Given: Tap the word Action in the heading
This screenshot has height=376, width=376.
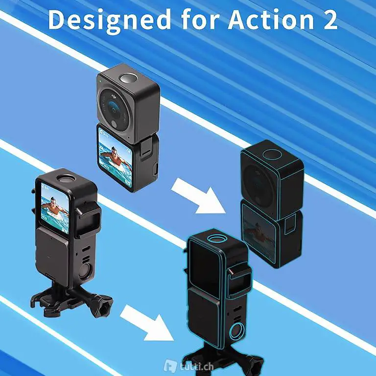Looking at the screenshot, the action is pyautogui.click(x=271, y=20).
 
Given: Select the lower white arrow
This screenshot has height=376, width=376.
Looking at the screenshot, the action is pyautogui.click(x=147, y=323).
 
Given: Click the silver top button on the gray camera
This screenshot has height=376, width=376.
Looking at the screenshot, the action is pyautogui.click(x=128, y=78).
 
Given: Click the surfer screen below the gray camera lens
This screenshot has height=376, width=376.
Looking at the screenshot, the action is pyautogui.click(x=115, y=157).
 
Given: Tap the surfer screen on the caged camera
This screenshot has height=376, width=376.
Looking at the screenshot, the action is pyautogui.click(x=55, y=208).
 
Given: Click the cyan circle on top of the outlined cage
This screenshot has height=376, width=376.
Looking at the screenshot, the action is pyautogui.click(x=217, y=239).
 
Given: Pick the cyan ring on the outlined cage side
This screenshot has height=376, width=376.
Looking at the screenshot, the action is pyautogui.click(x=237, y=331).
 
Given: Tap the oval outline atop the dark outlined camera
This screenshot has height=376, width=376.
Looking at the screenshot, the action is pyautogui.click(x=272, y=154).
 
